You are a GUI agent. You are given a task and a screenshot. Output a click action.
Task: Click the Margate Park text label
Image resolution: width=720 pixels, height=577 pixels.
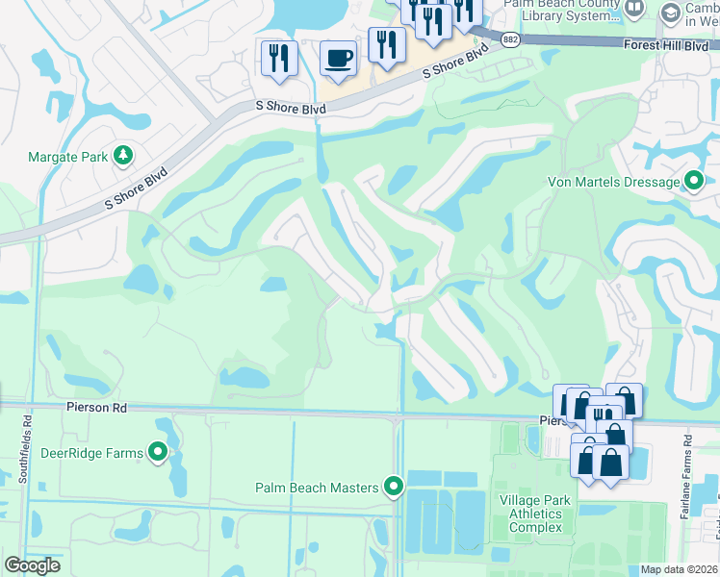click(x=66, y=156)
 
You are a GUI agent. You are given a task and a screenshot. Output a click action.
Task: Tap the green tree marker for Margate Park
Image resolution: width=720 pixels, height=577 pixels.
click(x=122, y=155)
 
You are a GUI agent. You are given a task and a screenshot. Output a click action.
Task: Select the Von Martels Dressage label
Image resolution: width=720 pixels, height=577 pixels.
click(x=612, y=182)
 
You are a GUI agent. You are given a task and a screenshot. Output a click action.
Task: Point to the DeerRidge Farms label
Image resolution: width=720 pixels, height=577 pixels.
click(x=91, y=453)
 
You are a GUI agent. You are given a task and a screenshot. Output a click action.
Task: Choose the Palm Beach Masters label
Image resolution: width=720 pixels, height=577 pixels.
click(x=317, y=488)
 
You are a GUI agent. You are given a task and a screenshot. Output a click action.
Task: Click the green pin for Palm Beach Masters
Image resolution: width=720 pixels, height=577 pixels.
click(x=393, y=487)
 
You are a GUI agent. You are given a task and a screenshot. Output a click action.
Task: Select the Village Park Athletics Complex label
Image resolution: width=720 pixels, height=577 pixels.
click(x=535, y=514)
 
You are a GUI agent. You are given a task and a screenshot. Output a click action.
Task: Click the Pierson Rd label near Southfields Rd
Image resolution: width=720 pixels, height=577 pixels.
click(x=96, y=408)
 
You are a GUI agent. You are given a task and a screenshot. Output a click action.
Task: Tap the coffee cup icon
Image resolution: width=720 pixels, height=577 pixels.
click(x=338, y=57)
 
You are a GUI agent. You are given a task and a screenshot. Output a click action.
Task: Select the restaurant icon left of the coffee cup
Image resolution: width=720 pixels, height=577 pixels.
click(x=275, y=57)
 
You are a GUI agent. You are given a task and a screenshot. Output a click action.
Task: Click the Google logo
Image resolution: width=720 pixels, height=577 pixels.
click(x=33, y=565)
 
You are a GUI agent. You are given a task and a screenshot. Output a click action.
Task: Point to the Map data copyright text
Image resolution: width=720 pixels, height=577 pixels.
click(x=679, y=569)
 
